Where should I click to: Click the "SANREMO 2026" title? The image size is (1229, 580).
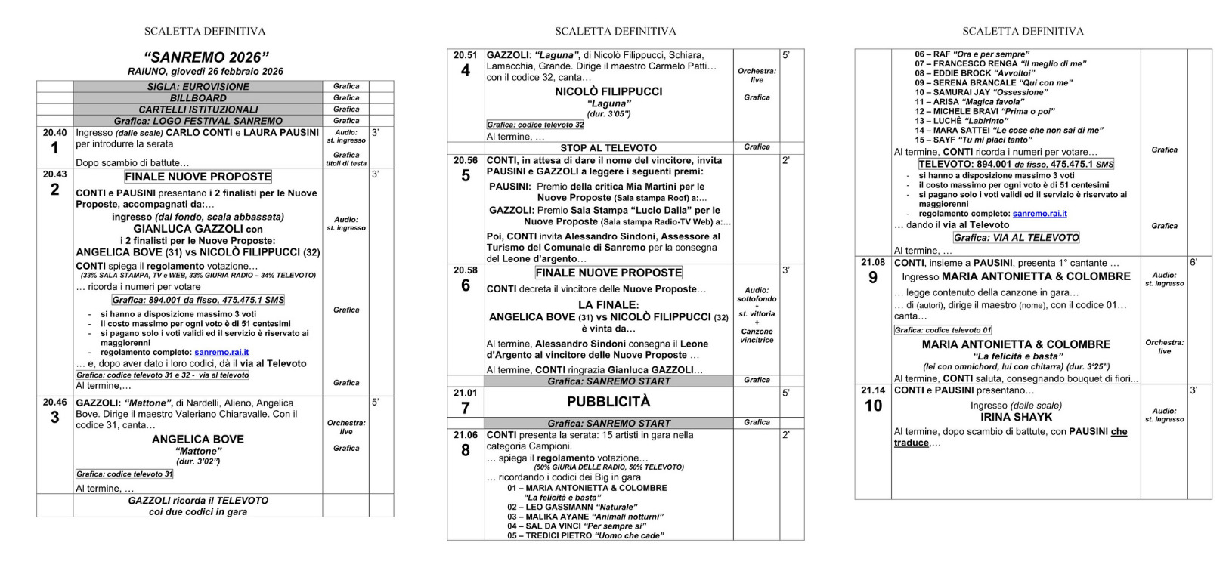[206, 58]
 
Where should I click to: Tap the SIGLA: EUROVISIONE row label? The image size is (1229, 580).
[198, 87]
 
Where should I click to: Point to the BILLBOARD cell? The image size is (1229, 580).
[198, 98]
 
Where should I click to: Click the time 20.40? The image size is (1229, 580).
[54, 133]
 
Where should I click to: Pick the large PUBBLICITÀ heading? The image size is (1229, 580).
[608, 402]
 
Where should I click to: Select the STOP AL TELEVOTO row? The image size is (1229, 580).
[608, 148]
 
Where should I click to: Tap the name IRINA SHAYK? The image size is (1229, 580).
[1016, 417]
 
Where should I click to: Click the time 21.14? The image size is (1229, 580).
[873, 390]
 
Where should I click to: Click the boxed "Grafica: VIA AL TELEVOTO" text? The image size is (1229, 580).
[1016, 238]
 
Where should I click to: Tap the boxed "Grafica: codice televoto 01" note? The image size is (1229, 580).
[943, 330]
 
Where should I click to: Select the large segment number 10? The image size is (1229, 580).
[873, 406]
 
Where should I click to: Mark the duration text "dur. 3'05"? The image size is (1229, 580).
[608, 114]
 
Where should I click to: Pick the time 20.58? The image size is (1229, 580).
[465, 270]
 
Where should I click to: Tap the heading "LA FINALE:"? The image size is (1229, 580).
[608, 305]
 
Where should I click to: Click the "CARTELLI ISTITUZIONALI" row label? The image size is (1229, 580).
[198, 110]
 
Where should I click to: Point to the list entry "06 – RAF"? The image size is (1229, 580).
[960, 54]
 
